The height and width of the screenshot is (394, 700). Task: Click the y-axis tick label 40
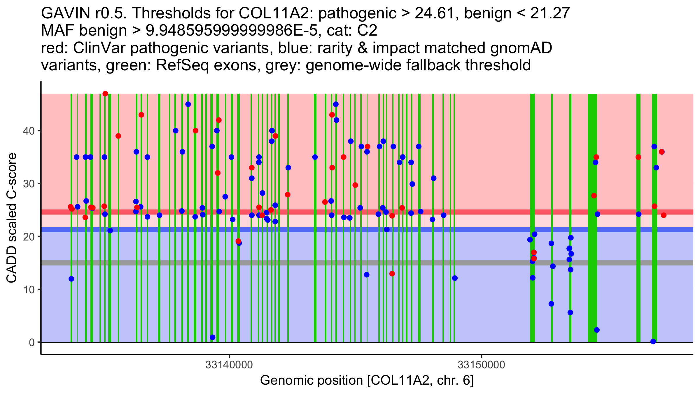coord(28,131)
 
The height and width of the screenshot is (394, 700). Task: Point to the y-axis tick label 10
coord(28,290)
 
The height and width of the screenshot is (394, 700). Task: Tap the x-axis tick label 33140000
coord(229,365)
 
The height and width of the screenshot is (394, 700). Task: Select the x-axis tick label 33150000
coord(481,365)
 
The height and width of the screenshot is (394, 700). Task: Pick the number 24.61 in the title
coord(434,13)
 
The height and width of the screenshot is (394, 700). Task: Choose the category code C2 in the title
coord(367,31)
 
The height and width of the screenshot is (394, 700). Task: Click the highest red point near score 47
coord(105,94)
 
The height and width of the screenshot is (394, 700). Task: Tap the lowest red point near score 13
coord(392,274)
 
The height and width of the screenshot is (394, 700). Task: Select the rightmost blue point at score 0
coord(653,341)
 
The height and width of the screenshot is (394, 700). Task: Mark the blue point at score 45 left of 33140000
coord(188,104)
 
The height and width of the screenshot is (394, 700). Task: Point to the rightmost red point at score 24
coord(664,215)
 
